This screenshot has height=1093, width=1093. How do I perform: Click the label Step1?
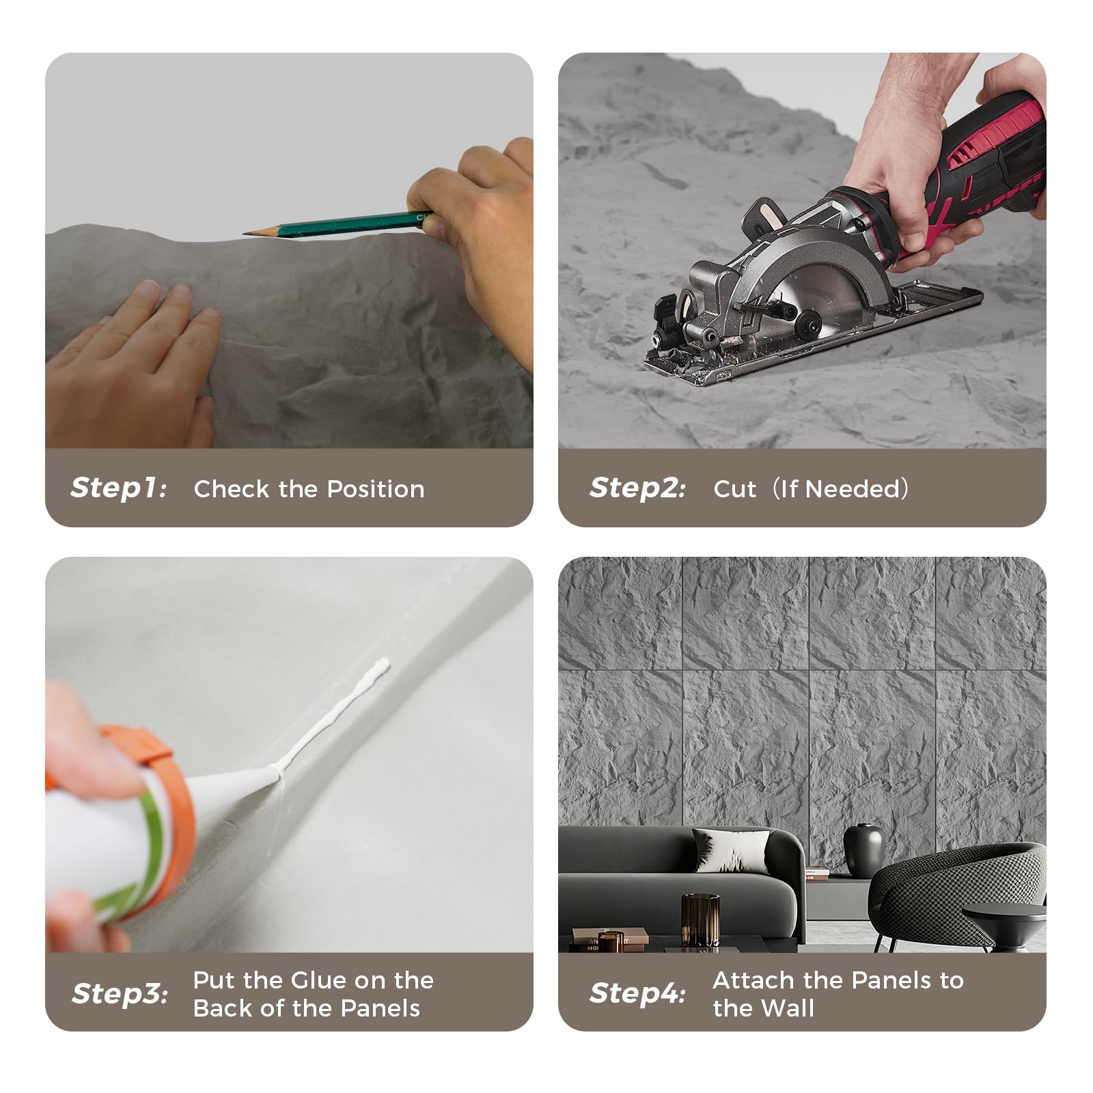[118, 488]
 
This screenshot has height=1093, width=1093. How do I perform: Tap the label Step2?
[637, 488]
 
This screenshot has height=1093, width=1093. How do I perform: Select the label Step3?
[120, 994]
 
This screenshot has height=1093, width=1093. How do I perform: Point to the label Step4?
[637, 994]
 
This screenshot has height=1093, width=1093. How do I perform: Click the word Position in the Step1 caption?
[375, 489]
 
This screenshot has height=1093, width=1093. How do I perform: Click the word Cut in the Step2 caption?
[734, 489]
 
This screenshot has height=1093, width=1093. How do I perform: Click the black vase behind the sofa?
[863, 850]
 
